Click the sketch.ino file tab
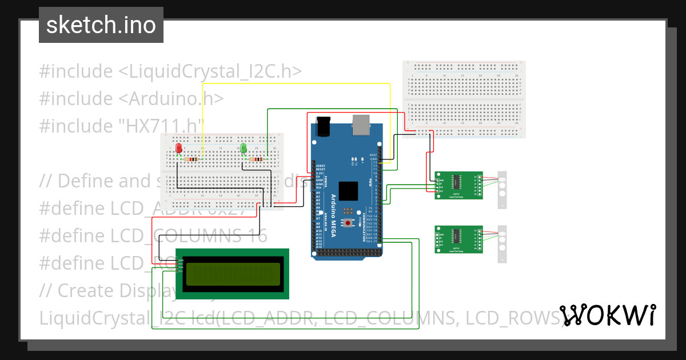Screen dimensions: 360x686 click(x=101, y=25)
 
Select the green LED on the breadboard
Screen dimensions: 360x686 click(x=244, y=149)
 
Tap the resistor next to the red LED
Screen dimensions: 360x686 click(x=193, y=158)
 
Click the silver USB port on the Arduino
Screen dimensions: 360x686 click(x=362, y=125)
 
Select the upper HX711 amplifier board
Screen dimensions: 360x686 click(x=458, y=185)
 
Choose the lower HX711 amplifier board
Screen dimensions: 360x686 click(x=458, y=239)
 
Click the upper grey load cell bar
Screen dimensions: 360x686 click(x=502, y=190)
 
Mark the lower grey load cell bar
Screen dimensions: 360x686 click(x=502, y=244)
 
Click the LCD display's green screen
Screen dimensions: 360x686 click(x=232, y=274)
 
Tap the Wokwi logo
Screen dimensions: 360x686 click(x=607, y=315)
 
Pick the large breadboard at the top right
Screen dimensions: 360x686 click(x=464, y=99)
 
